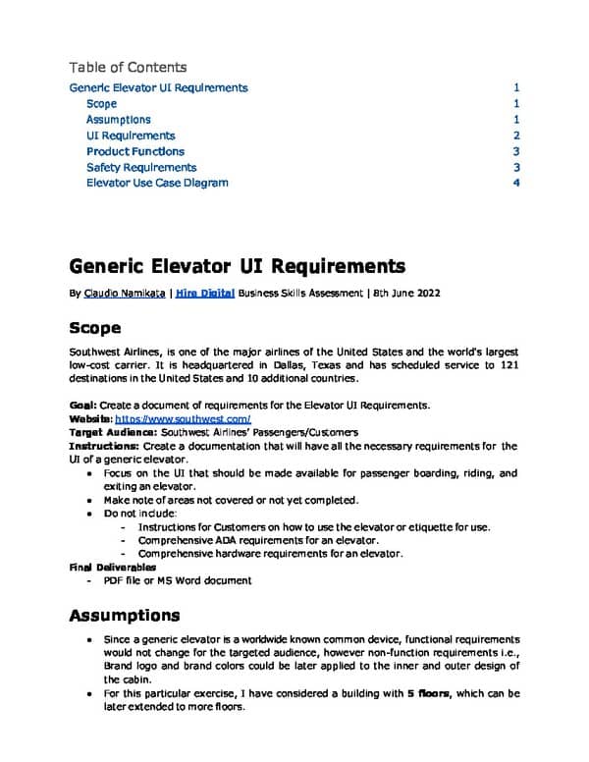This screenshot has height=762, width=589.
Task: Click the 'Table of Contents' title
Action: click(128, 68)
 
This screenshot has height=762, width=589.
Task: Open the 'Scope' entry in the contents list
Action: click(101, 104)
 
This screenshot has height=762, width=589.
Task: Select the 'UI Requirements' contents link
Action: click(131, 136)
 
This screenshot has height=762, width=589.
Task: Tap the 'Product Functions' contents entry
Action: click(135, 151)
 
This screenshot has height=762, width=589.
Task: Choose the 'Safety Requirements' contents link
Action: click(141, 167)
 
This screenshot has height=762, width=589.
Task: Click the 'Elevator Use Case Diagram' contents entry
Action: click(157, 183)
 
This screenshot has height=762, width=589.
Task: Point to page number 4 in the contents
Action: click(515, 183)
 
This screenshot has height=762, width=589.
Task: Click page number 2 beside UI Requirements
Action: click(515, 136)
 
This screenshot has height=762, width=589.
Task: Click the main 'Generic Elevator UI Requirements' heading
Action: click(237, 266)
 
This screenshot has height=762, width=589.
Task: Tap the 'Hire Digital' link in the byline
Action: click(204, 294)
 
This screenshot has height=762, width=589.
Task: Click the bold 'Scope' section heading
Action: click(95, 327)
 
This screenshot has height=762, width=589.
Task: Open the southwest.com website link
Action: click(184, 419)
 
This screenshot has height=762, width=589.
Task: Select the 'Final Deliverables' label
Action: click(112, 568)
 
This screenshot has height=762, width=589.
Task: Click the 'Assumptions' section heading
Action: click(125, 616)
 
